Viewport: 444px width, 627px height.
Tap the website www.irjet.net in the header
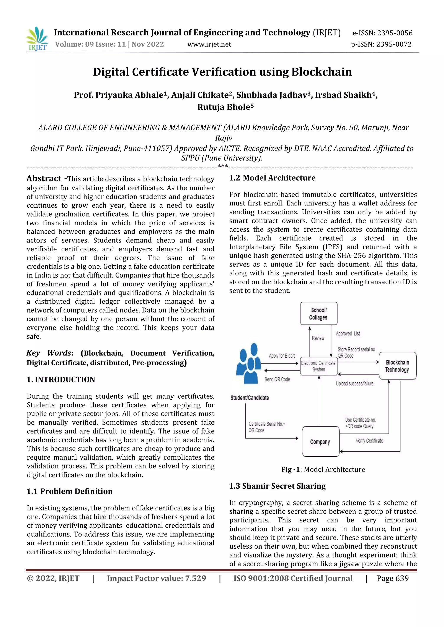(209, 44)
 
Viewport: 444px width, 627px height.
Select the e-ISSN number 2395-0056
(382, 33)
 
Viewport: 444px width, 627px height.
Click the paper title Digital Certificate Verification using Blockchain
(222, 72)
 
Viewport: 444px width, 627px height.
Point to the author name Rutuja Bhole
(225, 107)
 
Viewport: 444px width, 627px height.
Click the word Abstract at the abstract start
(44, 179)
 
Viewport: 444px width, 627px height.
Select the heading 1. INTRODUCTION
(61, 379)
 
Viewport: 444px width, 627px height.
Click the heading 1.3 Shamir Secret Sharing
(277, 486)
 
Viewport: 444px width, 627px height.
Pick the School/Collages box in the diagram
(318, 313)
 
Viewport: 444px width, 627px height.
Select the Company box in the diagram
(320, 442)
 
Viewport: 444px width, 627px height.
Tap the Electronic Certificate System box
(318, 366)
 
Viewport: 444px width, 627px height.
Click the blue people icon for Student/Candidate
(248, 363)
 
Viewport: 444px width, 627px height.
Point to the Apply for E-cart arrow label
(282, 356)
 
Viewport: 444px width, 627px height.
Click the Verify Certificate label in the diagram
(369, 441)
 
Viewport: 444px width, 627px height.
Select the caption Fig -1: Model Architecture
(323, 469)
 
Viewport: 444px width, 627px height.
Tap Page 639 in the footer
(392, 578)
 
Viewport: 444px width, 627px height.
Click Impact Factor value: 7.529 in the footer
(156, 578)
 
